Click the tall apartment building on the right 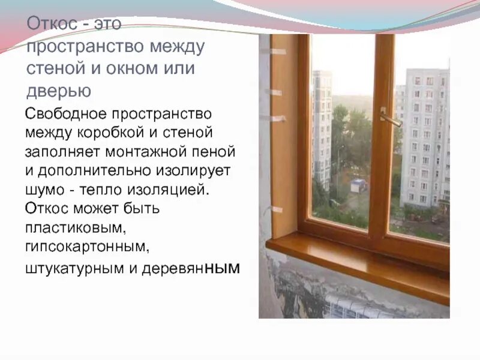[425, 138]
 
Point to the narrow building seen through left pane [322, 126]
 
